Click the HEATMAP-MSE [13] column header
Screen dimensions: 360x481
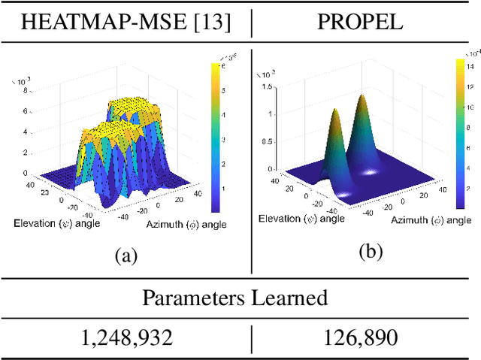click(x=125, y=22)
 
